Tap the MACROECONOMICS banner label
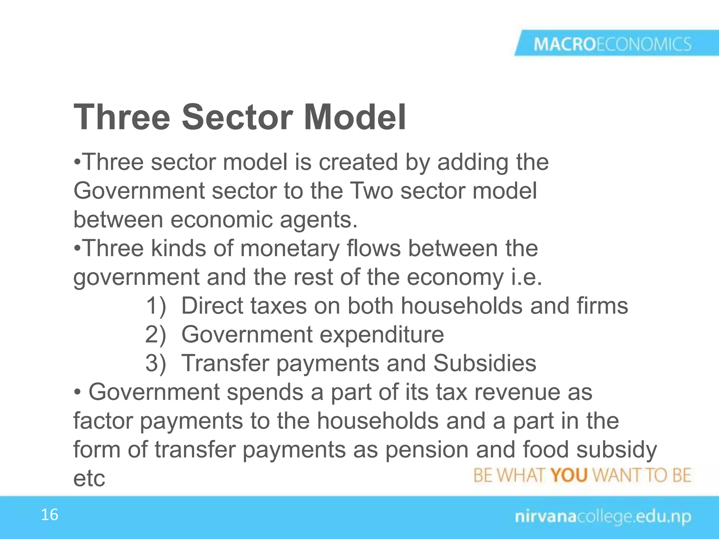pos(612,45)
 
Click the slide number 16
pos(50,515)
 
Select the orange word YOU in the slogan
pos(569,475)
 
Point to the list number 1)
pos(156,306)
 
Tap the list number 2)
pos(156,334)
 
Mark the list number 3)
pos(156,363)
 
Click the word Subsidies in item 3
pos(484,363)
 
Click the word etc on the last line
pos(89,478)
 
